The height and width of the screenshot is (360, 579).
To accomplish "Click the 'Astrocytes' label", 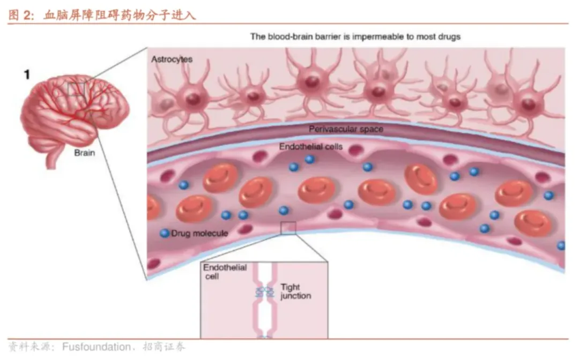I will (x=172, y=59).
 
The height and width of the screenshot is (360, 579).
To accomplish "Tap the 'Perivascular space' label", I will (x=346, y=129).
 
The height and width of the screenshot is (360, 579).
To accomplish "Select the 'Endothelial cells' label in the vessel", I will (x=311, y=146).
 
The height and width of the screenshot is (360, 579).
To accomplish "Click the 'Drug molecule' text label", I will (x=199, y=233).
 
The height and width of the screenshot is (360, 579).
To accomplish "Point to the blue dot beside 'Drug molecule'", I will (x=165, y=233).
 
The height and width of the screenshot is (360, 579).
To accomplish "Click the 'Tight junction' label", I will (x=295, y=292).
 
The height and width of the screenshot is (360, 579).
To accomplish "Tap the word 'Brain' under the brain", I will (x=84, y=153).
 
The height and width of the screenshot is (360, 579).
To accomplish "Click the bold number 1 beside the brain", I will (x=26, y=74).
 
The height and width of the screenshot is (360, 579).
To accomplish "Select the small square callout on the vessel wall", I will (x=288, y=228).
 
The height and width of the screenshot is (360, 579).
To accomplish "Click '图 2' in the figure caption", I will (x=21, y=15).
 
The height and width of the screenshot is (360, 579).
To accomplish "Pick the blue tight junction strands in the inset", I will (x=264, y=292).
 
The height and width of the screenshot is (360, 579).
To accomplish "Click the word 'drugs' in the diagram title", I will (x=448, y=37).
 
